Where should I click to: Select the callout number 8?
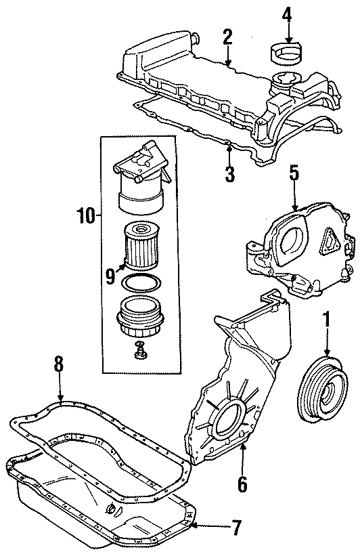coord(59,364)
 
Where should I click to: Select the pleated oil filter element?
coord(141,248)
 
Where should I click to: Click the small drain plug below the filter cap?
coord(141,352)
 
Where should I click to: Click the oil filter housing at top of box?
coord(140,179)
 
